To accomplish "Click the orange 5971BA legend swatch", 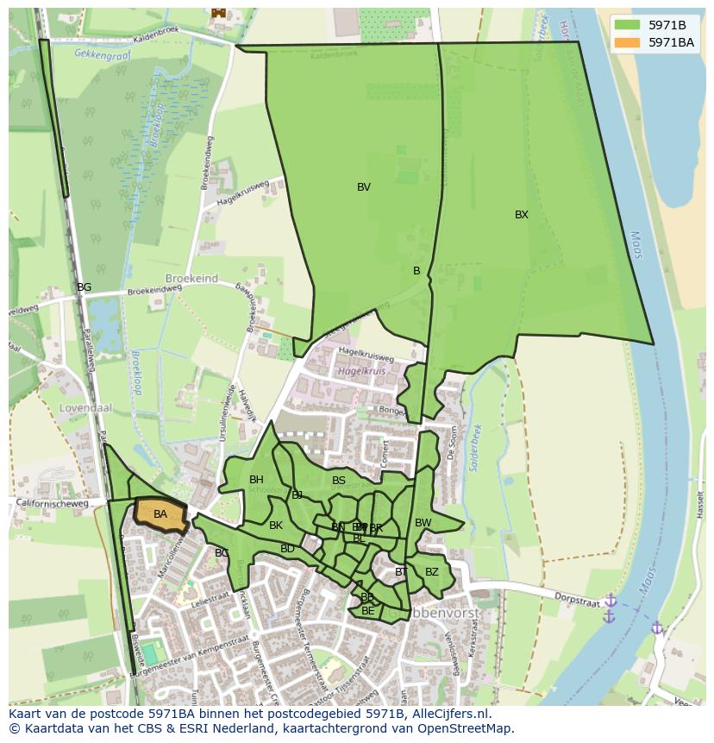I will point(627,42).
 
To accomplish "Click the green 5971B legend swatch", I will point(627,25).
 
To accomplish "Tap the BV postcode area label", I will point(364,187).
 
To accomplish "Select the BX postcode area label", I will point(522,215).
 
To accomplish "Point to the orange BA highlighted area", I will point(160,515).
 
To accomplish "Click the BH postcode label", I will point(256,480).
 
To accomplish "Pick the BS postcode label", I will point(339,481).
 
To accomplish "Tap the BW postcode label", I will point(423,523).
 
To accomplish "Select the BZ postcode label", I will point(432,572).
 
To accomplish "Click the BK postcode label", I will point(276,526).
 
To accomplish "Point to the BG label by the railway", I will point(84,287).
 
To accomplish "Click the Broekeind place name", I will point(191,280).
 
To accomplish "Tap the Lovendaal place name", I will point(82,407).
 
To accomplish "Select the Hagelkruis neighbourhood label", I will point(360,371).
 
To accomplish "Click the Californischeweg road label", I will point(53,504).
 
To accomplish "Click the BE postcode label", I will point(368,611).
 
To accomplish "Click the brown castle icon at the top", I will point(218,12).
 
